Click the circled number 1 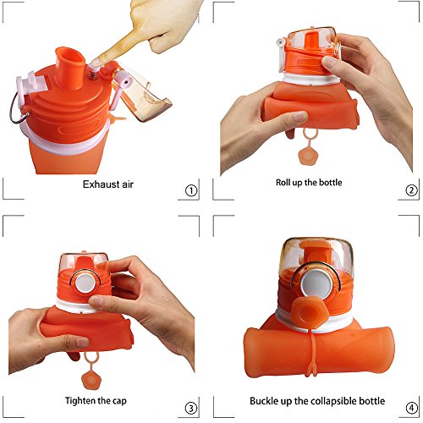click(191, 190)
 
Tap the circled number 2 click(411, 190)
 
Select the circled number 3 click(191, 408)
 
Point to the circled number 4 click(411, 408)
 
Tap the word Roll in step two click(283, 183)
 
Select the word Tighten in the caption click(80, 401)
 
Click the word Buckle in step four click(264, 401)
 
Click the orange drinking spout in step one click(70, 68)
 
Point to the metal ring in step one click(18, 109)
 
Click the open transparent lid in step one click(142, 91)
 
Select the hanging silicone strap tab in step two click(307, 146)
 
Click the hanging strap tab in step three click(91, 370)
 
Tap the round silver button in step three click(85, 283)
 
